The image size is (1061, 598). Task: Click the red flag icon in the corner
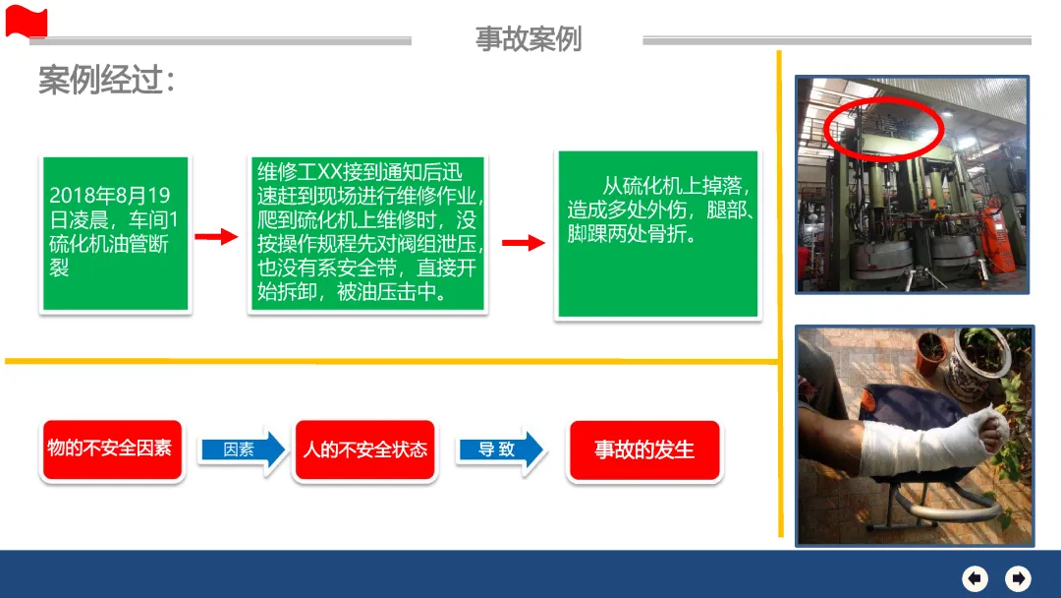pyautogui.click(x=26, y=21)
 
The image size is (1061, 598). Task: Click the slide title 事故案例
pyautogui.click(x=529, y=38)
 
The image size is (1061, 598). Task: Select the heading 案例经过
pyautogui.click(x=107, y=81)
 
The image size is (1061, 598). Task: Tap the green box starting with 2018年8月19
pyautogui.click(x=115, y=234)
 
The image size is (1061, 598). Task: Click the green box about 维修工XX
pyautogui.click(x=367, y=233)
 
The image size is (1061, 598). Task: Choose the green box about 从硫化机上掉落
pyautogui.click(x=657, y=234)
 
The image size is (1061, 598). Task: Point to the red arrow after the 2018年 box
pyautogui.click(x=217, y=237)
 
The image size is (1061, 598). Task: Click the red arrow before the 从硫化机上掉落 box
pyautogui.click(x=523, y=243)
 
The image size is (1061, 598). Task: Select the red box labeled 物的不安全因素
pyautogui.click(x=111, y=449)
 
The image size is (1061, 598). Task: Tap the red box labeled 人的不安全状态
pyautogui.click(x=365, y=450)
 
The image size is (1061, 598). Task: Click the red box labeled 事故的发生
pyautogui.click(x=644, y=450)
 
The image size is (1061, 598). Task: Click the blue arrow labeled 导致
pyautogui.click(x=500, y=449)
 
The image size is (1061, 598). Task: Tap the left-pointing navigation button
pyautogui.click(x=975, y=577)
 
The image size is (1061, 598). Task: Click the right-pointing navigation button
pyautogui.click(x=1019, y=577)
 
